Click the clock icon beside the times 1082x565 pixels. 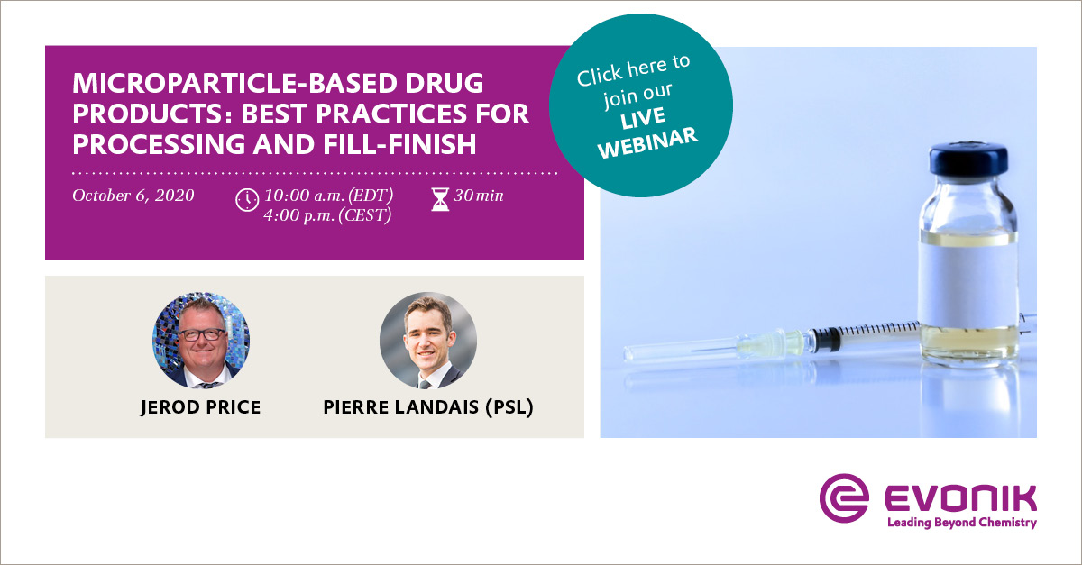point(247,200)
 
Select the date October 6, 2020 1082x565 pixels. point(133,196)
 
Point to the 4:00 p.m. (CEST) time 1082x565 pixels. point(327,216)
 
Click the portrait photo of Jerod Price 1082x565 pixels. point(201,340)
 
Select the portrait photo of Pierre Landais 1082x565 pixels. point(428,340)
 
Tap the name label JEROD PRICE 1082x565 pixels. point(201,407)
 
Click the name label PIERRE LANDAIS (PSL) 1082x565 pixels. point(428,407)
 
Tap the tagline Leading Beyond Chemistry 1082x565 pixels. point(961,523)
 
